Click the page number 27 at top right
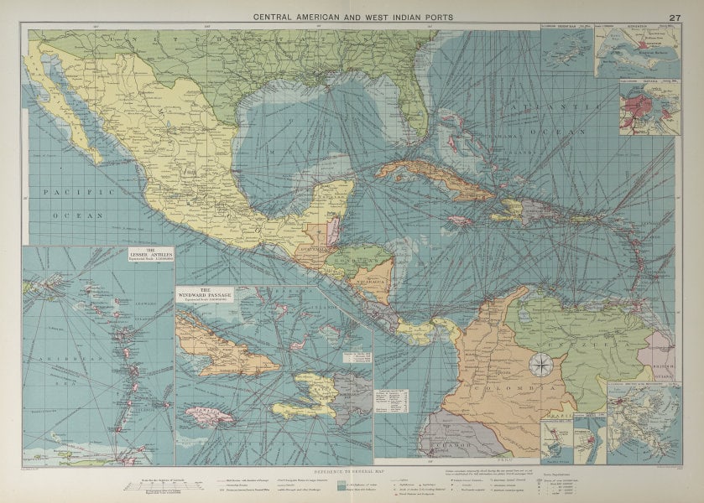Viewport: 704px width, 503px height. click(x=675, y=17)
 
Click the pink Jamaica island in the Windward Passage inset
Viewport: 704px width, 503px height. click(x=210, y=415)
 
